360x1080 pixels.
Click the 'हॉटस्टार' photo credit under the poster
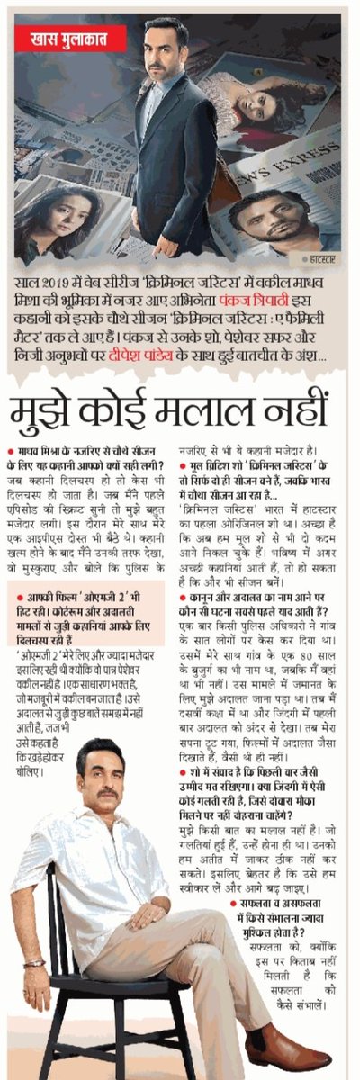(x=321, y=265)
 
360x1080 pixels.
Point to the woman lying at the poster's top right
(x=261, y=99)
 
